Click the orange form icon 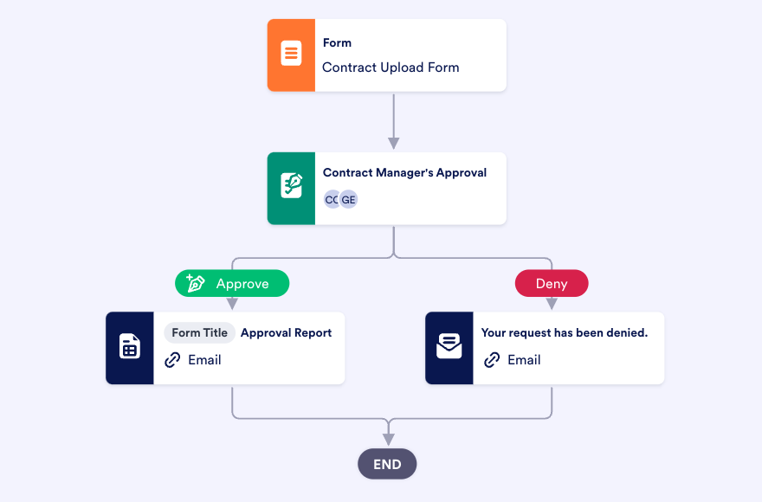(291, 55)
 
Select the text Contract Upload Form (391, 68)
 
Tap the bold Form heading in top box (337, 42)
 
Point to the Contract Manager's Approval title (404, 172)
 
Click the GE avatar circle (349, 200)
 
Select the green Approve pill (232, 283)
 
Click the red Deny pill (552, 283)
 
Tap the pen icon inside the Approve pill (196, 283)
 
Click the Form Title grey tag (199, 332)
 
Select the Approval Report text (286, 332)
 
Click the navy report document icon (130, 348)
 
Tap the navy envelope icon (449, 348)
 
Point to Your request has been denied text (564, 332)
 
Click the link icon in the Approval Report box (173, 360)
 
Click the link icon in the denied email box (493, 360)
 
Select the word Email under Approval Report (204, 360)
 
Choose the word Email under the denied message (524, 360)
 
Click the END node (387, 464)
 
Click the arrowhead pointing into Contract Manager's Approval (394, 143)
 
